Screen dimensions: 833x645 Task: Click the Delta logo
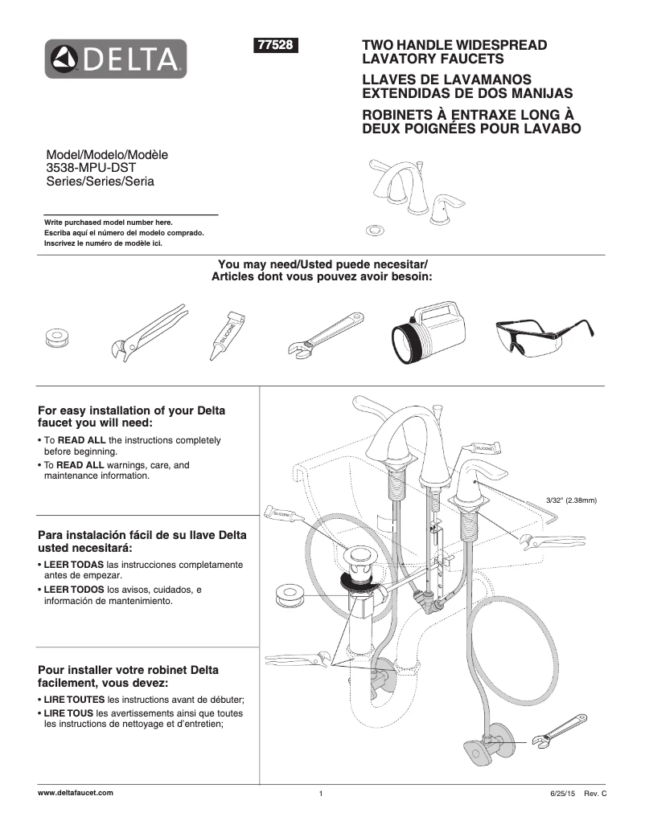pyautogui.click(x=116, y=59)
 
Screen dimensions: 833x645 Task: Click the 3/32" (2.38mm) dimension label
pyautogui.click(x=570, y=500)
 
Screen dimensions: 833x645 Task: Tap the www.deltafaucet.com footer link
pyautogui.click(x=76, y=793)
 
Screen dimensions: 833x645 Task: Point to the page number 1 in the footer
pyautogui.click(x=320, y=794)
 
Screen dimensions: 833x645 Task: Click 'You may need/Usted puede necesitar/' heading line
pyautogui.click(x=322, y=265)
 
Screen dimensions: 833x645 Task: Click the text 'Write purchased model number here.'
pyautogui.click(x=108, y=223)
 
